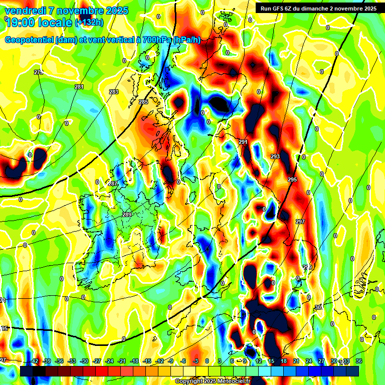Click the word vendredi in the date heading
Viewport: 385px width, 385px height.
(x=22, y=11)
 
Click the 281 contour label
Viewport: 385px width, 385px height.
(x=79, y=87)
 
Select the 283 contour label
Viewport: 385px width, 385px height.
(x=114, y=92)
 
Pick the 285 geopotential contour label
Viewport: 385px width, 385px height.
(x=143, y=102)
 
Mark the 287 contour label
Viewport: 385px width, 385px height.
(x=113, y=183)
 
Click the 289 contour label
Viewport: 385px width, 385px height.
(x=127, y=215)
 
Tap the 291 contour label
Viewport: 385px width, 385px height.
(x=243, y=142)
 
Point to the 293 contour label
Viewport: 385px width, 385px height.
(x=275, y=157)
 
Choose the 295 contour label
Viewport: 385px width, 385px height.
(x=292, y=179)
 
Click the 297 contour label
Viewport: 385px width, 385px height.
(x=300, y=222)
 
